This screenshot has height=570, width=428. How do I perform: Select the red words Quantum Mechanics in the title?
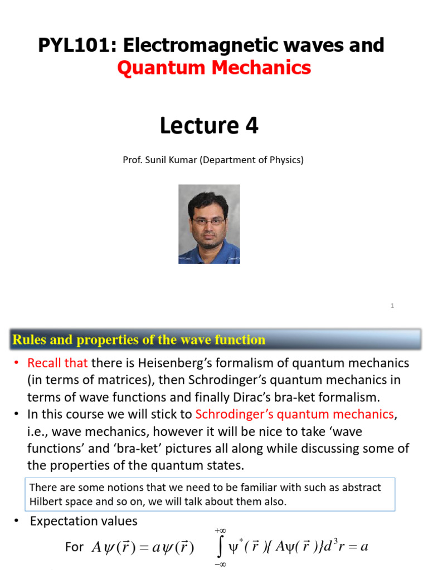point(214,68)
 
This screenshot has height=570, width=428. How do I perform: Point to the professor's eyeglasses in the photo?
point(208,221)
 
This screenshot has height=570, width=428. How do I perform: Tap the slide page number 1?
point(392,306)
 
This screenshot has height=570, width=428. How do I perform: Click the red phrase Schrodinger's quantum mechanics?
point(294,414)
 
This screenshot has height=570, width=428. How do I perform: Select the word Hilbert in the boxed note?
point(44,501)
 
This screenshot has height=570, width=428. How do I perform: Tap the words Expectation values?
point(84,522)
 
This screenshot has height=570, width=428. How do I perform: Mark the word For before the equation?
point(74,547)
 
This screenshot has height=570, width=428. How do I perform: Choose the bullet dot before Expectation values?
point(16,521)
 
